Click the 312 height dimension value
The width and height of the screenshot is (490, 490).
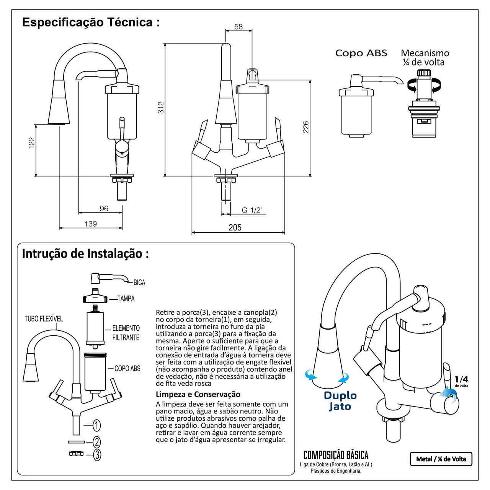[x=161, y=107]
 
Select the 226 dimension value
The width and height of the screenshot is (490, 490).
[x=306, y=127]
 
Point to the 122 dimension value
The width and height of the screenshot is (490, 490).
[x=32, y=143]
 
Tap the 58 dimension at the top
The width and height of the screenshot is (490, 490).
[x=238, y=27]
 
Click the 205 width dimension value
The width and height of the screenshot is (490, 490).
[x=235, y=227]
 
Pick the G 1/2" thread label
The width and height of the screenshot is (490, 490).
[x=252, y=210]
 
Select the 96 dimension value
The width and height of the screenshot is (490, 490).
[x=104, y=209]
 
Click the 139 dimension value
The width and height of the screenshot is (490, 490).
[x=91, y=224]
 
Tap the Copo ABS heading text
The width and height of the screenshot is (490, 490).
[x=361, y=53]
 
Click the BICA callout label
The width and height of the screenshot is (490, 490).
[x=139, y=283]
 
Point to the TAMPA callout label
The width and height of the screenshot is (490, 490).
[x=126, y=299]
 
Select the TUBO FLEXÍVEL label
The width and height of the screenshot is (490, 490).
[x=44, y=318]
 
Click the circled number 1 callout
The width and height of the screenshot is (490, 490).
[x=97, y=425]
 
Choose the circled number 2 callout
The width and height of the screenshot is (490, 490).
[x=97, y=442]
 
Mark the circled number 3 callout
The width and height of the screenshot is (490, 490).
[x=97, y=455]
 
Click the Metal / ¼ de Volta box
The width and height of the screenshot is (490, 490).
[x=441, y=459]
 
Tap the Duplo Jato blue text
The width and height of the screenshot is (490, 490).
[x=340, y=400]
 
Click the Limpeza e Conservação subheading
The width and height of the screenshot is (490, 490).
[x=198, y=394]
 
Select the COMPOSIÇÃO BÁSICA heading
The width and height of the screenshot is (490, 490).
[x=336, y=455]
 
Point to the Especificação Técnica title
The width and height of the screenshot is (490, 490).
[x=91, y=22]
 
